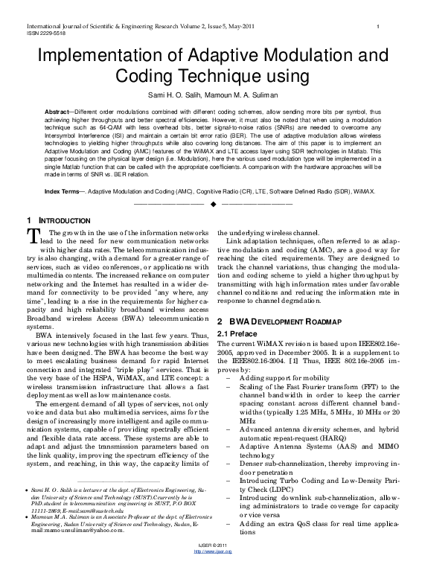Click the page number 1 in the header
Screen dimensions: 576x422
[x=380, y=27]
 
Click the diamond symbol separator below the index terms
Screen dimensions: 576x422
[x=212, y=203]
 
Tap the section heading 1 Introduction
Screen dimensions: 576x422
[x=57, y=221]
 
